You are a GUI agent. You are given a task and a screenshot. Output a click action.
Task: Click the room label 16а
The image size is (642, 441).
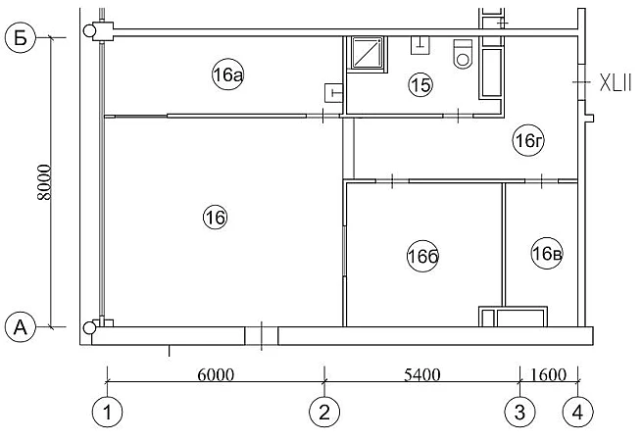[x=228, y=74]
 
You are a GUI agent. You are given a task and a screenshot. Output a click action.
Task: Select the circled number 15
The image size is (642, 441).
[x=420, y=85]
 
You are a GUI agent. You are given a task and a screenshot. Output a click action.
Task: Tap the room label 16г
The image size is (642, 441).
[x=528, y=141]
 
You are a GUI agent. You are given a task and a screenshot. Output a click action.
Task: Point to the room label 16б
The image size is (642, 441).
[x=423, y=257]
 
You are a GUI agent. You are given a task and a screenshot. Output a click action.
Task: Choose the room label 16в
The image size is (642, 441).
[x=547, y=254]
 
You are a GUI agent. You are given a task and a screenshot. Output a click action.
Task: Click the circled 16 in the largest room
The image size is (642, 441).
[x=215, y=218]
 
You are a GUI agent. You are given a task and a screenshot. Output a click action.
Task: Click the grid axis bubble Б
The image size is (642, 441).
[x=21, y=37]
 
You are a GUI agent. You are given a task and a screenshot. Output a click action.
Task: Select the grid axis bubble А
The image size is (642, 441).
[x=21, y=327]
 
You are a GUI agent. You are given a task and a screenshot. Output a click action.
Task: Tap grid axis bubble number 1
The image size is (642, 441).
[x=107, y=412]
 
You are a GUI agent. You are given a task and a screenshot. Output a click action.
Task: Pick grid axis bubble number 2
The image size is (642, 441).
[x=324, y=412]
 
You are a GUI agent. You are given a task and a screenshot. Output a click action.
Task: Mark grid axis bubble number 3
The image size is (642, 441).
[x=519, y=412]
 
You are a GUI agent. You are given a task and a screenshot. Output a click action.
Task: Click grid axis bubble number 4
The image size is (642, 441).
[x=577, y=412]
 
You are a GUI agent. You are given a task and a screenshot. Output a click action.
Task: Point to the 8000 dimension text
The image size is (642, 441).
[x=44, y=182]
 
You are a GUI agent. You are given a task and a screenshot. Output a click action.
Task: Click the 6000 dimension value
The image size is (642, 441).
[x=216, y=374]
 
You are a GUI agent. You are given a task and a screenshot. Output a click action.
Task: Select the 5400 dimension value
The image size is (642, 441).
[x=422, y=374]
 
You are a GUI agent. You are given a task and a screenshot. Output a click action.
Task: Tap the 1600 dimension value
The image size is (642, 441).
[x=549, y=374]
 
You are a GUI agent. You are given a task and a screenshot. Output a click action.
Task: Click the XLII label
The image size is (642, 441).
[x=616, y=82]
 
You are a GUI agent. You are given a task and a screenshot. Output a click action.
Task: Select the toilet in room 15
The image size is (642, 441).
[x=463, y=54]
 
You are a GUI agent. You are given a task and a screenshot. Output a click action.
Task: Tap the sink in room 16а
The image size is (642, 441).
[x=333, y=92]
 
